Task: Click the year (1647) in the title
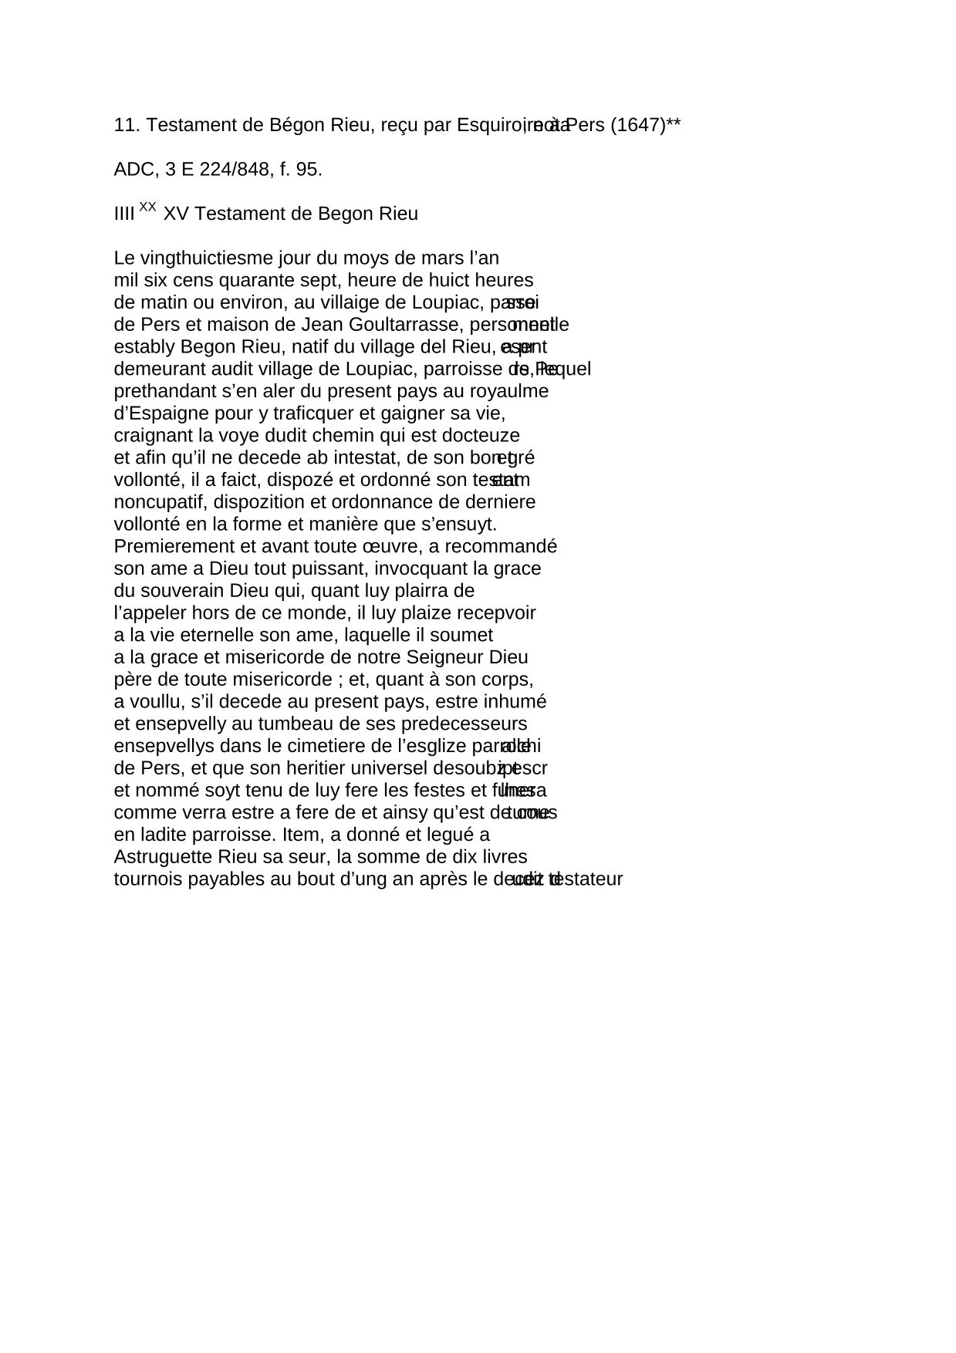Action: (x=637, y=125)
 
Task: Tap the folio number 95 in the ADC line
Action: (x=307, y=170)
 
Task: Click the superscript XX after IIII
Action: (x=148, y=208)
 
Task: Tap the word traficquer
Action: (x=311, y=413)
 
